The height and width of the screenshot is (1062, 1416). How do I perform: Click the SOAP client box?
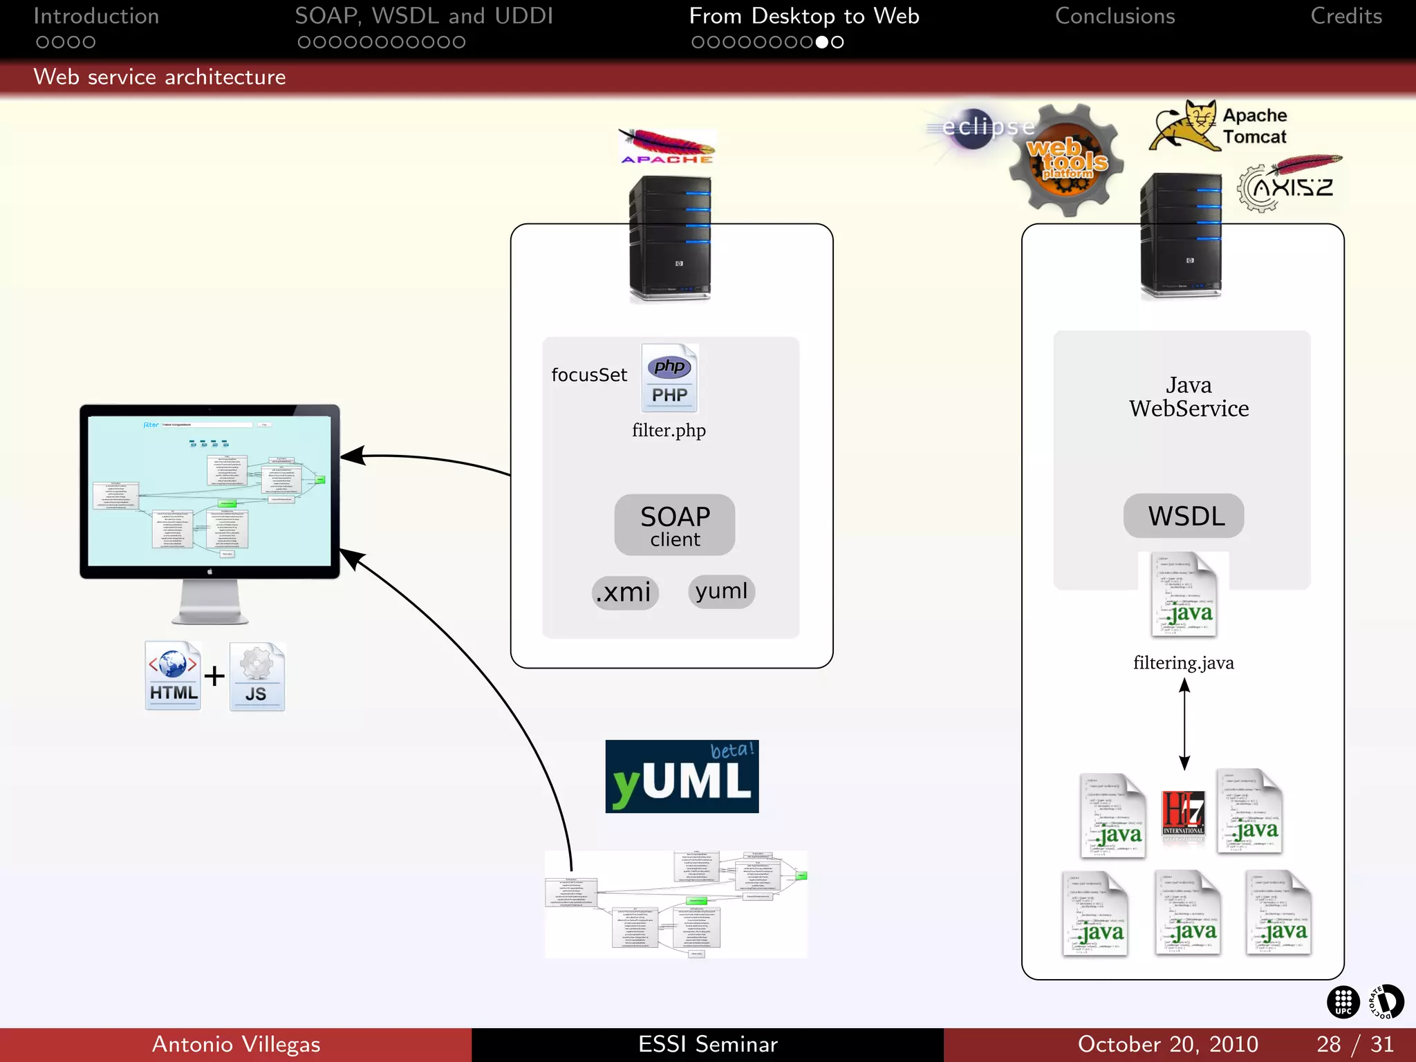(674, 525)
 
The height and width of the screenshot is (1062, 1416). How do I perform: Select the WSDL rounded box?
(1183, 516)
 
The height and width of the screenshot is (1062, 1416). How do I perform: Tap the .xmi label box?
(624, 593)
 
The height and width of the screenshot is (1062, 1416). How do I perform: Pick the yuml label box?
(721, 591)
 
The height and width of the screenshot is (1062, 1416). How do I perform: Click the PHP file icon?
(669, 378)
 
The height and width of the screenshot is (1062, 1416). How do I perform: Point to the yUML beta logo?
(682, 776)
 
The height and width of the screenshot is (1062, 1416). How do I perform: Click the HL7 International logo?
(1183, 814)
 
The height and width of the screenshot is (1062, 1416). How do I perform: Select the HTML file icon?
(173, 676)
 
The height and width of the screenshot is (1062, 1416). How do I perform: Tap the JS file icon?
(257, 677)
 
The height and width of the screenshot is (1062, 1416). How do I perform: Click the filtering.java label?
(1183, 663)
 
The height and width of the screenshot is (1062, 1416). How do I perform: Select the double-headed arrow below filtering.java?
(1184, 724)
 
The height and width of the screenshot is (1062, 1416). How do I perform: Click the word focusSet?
(589, 375)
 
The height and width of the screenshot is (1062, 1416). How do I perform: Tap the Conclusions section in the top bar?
(1115, 17)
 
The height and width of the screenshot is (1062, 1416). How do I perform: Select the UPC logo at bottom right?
(1343, 1002)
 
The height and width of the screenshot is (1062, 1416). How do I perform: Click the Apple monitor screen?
(209, 491)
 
